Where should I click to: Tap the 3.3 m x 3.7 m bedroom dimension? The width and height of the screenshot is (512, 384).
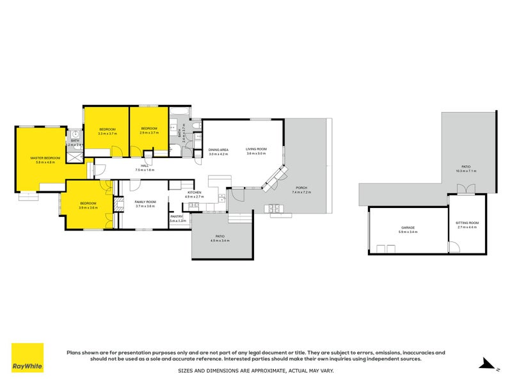[x=107, y=133]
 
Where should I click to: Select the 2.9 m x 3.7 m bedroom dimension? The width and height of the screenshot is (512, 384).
[x=149, y=132]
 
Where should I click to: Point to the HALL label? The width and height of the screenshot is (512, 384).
[x=145, y=165]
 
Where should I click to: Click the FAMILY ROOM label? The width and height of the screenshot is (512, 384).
[x=145, y=202]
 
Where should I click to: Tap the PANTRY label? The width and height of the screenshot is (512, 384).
[x=177, y=216]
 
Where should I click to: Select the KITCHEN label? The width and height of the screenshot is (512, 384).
[x=195, y=192]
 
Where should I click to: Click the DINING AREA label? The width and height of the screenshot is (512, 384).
[x=218, y=150]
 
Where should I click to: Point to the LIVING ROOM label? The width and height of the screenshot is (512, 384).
[x=256, y=150]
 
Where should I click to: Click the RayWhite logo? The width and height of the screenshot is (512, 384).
[x=28, y=358]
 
